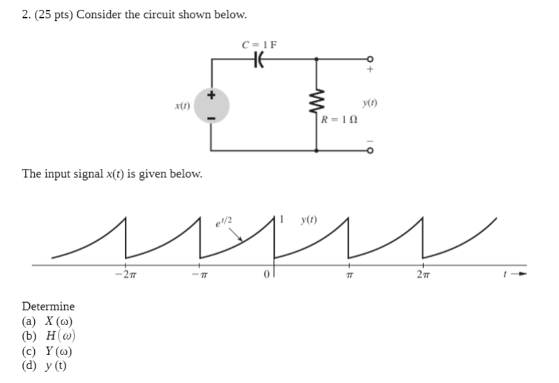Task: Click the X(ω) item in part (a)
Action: click(x=58, y=322)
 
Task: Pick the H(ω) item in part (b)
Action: click(x=59, y=337)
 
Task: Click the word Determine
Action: click(x=48, y=306)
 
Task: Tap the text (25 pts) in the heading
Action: click(x=54, y=15)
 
